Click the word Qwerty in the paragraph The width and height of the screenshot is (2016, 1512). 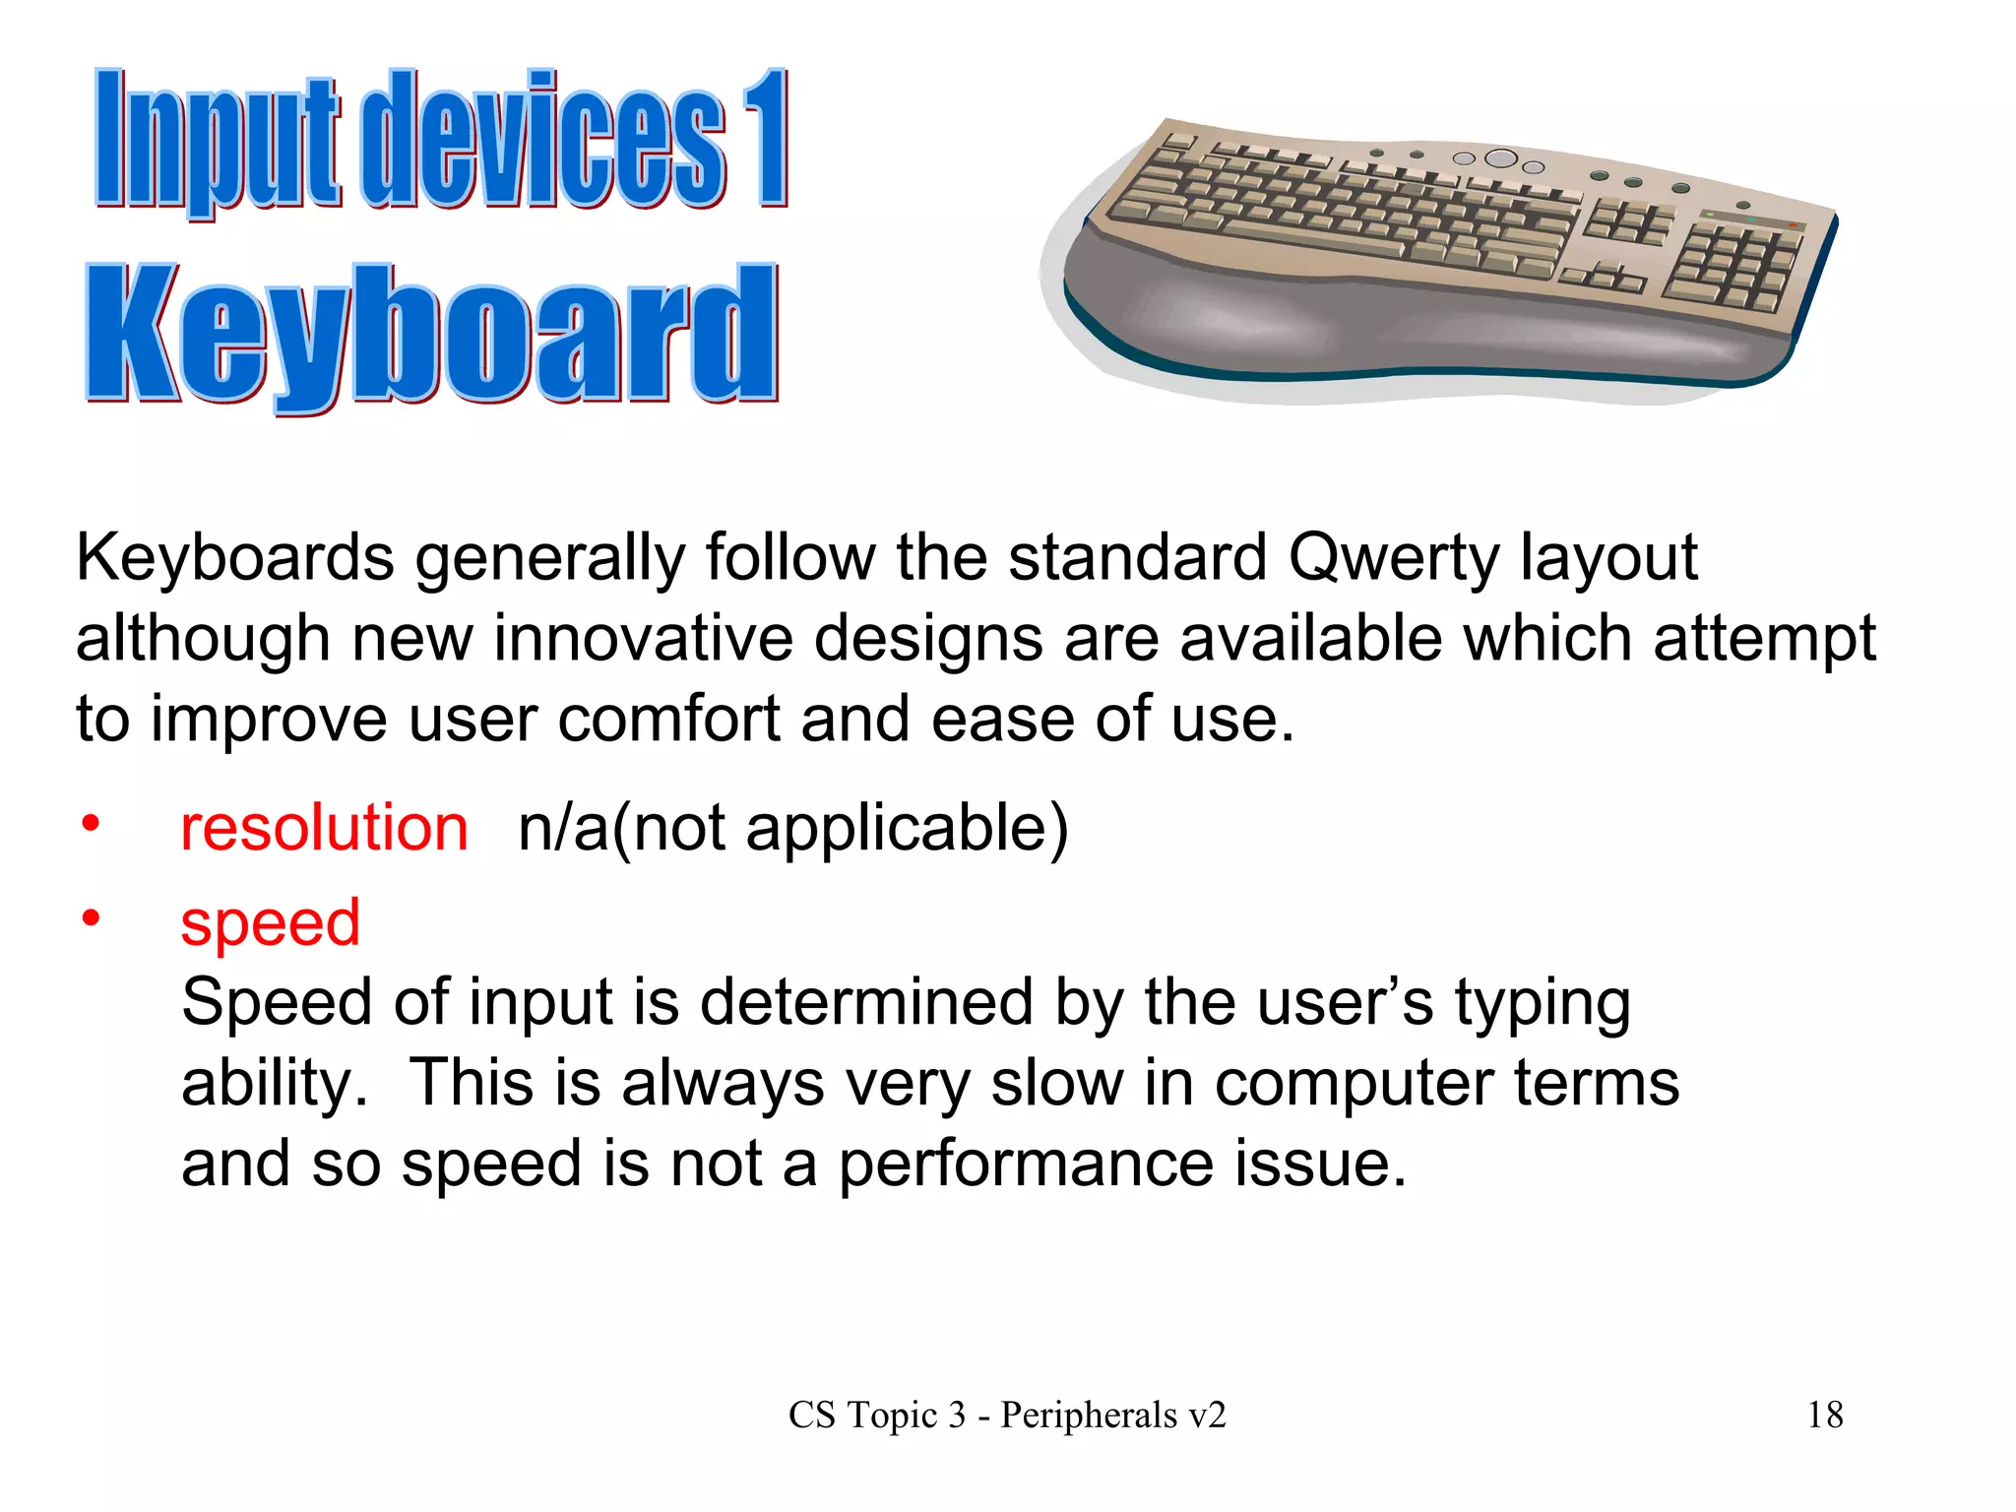point(1393,558)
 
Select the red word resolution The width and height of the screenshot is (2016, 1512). point(324,828)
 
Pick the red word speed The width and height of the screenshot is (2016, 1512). point(271,923)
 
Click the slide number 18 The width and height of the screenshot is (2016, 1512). point(1825,1416)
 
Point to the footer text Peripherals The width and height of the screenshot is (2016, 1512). point(1089,1416)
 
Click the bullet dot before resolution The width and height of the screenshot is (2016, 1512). point(91,823)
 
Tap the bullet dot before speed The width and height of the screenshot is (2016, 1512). point(91,918)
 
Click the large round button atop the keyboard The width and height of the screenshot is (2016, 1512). point(1501,158)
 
